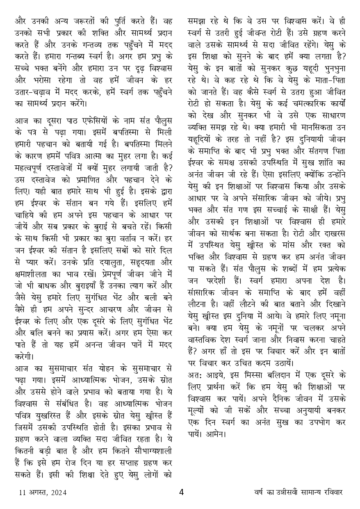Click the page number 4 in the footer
182,492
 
